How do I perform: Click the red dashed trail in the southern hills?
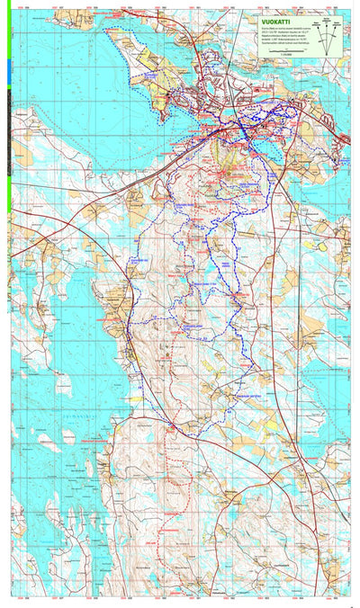tap(168, 504)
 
